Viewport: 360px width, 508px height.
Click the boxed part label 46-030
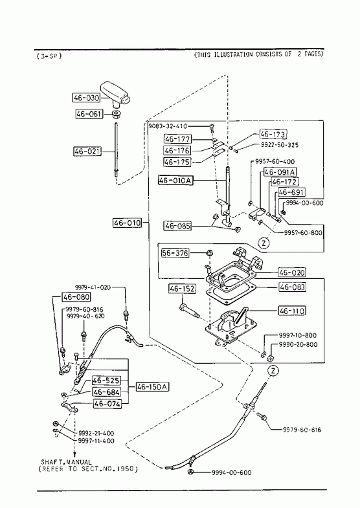click(x=86, y=98)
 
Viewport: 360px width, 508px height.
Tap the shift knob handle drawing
click(x=115, y=94)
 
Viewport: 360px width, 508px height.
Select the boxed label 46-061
click(x=89, y=114)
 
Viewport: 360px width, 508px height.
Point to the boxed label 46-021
click(x=87, y=151)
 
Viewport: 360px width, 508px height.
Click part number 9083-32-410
click(x=168, y=126)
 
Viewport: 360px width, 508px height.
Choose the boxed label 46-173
click(x=273, y=134)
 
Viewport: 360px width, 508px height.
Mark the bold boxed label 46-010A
click(x=175, y=180)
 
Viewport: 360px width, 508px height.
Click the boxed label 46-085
click(x=177, y=225)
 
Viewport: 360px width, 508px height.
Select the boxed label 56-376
click(x=175, y=252)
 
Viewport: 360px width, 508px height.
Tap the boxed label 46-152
click(x=182, y=289)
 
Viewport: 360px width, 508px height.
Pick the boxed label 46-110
click(x=292, y=311)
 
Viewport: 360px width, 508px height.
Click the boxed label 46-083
click(x=292, y=287)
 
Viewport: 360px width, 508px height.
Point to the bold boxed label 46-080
click(x=76, y=297)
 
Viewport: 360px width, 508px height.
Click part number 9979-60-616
click(x=302, y=430)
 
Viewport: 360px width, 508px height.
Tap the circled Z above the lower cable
click(x=273, y=371)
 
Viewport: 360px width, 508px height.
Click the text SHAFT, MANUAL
click(x=66, y=462)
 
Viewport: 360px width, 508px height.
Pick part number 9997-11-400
click(x=96, y=441)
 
